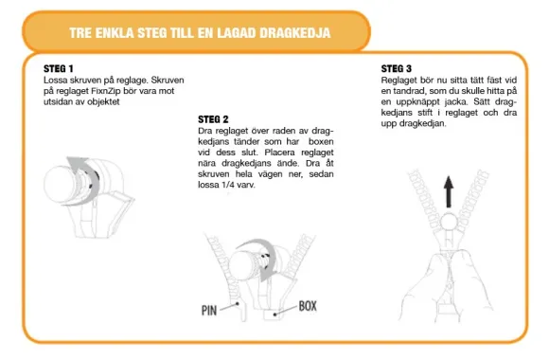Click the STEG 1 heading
click(58, 68)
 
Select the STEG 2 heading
click(213, 119)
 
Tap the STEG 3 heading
click(396, 68)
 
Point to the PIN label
click(209, 311)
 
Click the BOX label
click(308, 306)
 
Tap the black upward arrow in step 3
click(449, 192)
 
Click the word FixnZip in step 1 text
click(106, 91)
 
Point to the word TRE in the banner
click(80, 33)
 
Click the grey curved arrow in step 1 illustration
click(83, 181)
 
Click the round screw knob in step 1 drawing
click(59, 184)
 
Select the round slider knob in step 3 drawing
click(450, 223)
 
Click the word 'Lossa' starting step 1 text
click(55, 80)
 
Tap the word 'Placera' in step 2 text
click(279, 153)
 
